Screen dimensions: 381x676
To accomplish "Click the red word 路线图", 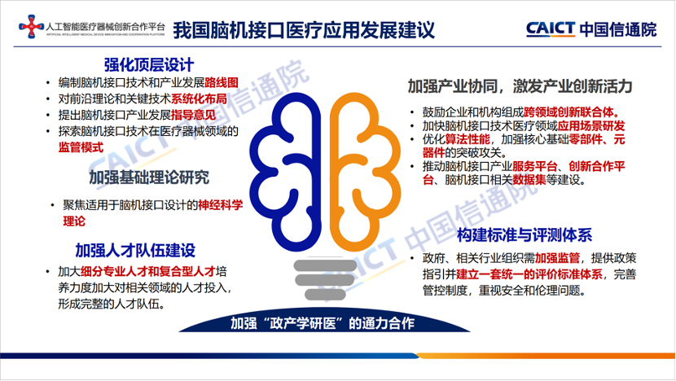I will click(220, 82).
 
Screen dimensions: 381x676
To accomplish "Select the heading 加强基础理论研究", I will click(148, 177).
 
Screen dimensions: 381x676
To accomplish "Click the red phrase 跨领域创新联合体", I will click(575, 112).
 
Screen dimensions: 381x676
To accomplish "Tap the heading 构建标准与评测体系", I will click(525, 236).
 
